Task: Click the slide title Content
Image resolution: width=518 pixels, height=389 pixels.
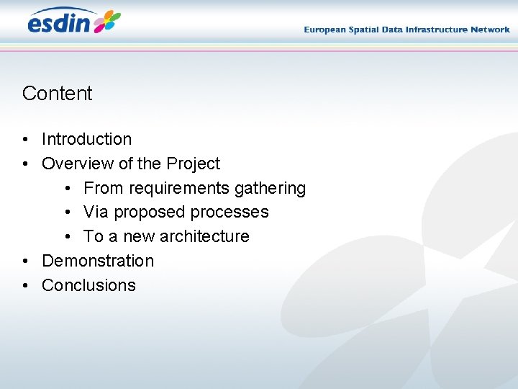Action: pyautogui.click(x=58, y=94)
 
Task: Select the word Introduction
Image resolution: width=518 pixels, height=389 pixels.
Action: pyautogui.click(x=87, y=139)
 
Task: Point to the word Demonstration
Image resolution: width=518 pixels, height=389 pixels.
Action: pyautogui.click(x=98, y=261)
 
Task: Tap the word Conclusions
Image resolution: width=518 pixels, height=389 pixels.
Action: pyautogui.click(x=88, y=285)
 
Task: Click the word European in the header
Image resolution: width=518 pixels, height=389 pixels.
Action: pyautogui.click(x=325, y=30)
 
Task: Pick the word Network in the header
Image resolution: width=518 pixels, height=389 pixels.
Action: pyautogui.click(x=491, y=30)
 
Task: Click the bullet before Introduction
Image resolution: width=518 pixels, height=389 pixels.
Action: pyautogui.click(x=25, y=140)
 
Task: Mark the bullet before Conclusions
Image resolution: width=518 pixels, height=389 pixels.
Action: pyautogui.click(x=25, y=286)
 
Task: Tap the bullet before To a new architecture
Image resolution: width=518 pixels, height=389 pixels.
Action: pyautogui.click(x=67, y=237)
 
